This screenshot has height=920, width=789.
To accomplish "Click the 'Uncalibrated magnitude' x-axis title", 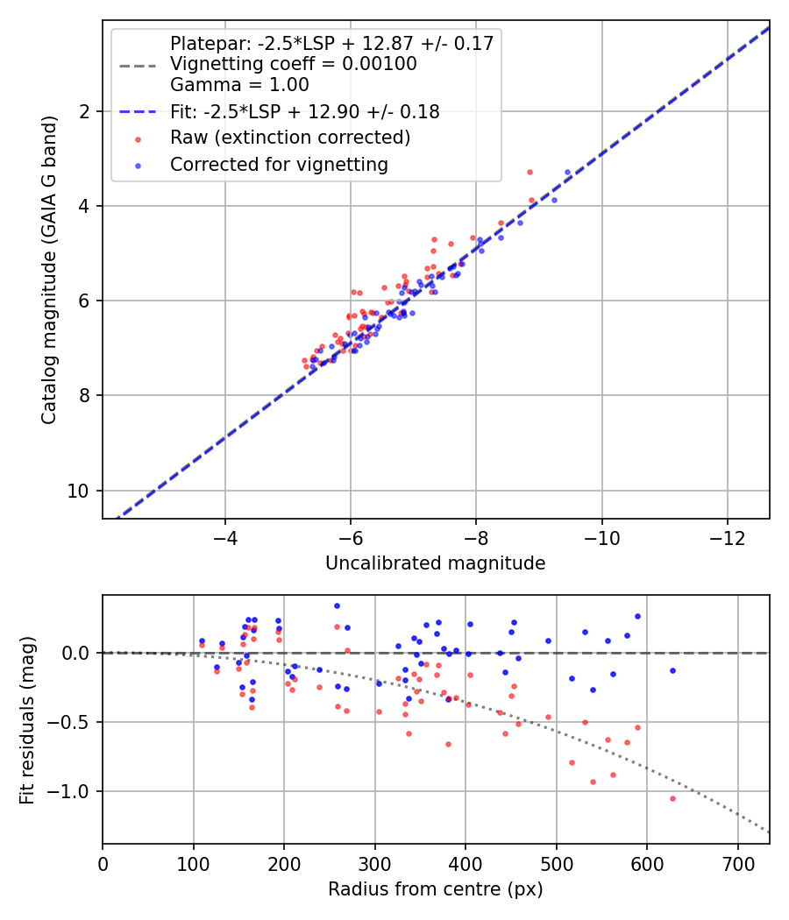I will coord(435,563).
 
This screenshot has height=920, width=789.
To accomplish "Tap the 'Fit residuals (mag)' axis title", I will coord(27,719).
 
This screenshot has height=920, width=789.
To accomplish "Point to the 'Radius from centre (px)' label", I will coord(435,889).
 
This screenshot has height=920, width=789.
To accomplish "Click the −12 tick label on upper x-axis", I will coord(727,536).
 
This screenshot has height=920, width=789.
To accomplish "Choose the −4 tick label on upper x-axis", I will coord(225,536).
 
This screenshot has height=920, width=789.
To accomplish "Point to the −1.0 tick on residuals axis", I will coord(75,791).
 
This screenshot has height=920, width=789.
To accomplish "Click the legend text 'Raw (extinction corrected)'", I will coord(290,138).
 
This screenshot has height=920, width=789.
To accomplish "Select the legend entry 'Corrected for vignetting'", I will coord(279,164).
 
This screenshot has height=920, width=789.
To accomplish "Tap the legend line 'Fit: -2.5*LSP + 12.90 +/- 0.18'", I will coord(304,111).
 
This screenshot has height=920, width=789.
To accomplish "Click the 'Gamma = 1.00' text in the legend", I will coord(239,85).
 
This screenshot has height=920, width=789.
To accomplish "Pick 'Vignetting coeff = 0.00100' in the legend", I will coord(293,64).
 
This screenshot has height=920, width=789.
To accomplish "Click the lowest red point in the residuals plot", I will coord(672,798).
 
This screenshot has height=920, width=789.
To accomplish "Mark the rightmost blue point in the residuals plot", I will coord(672,670).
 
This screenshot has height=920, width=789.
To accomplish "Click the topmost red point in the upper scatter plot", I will coord(530,172).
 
